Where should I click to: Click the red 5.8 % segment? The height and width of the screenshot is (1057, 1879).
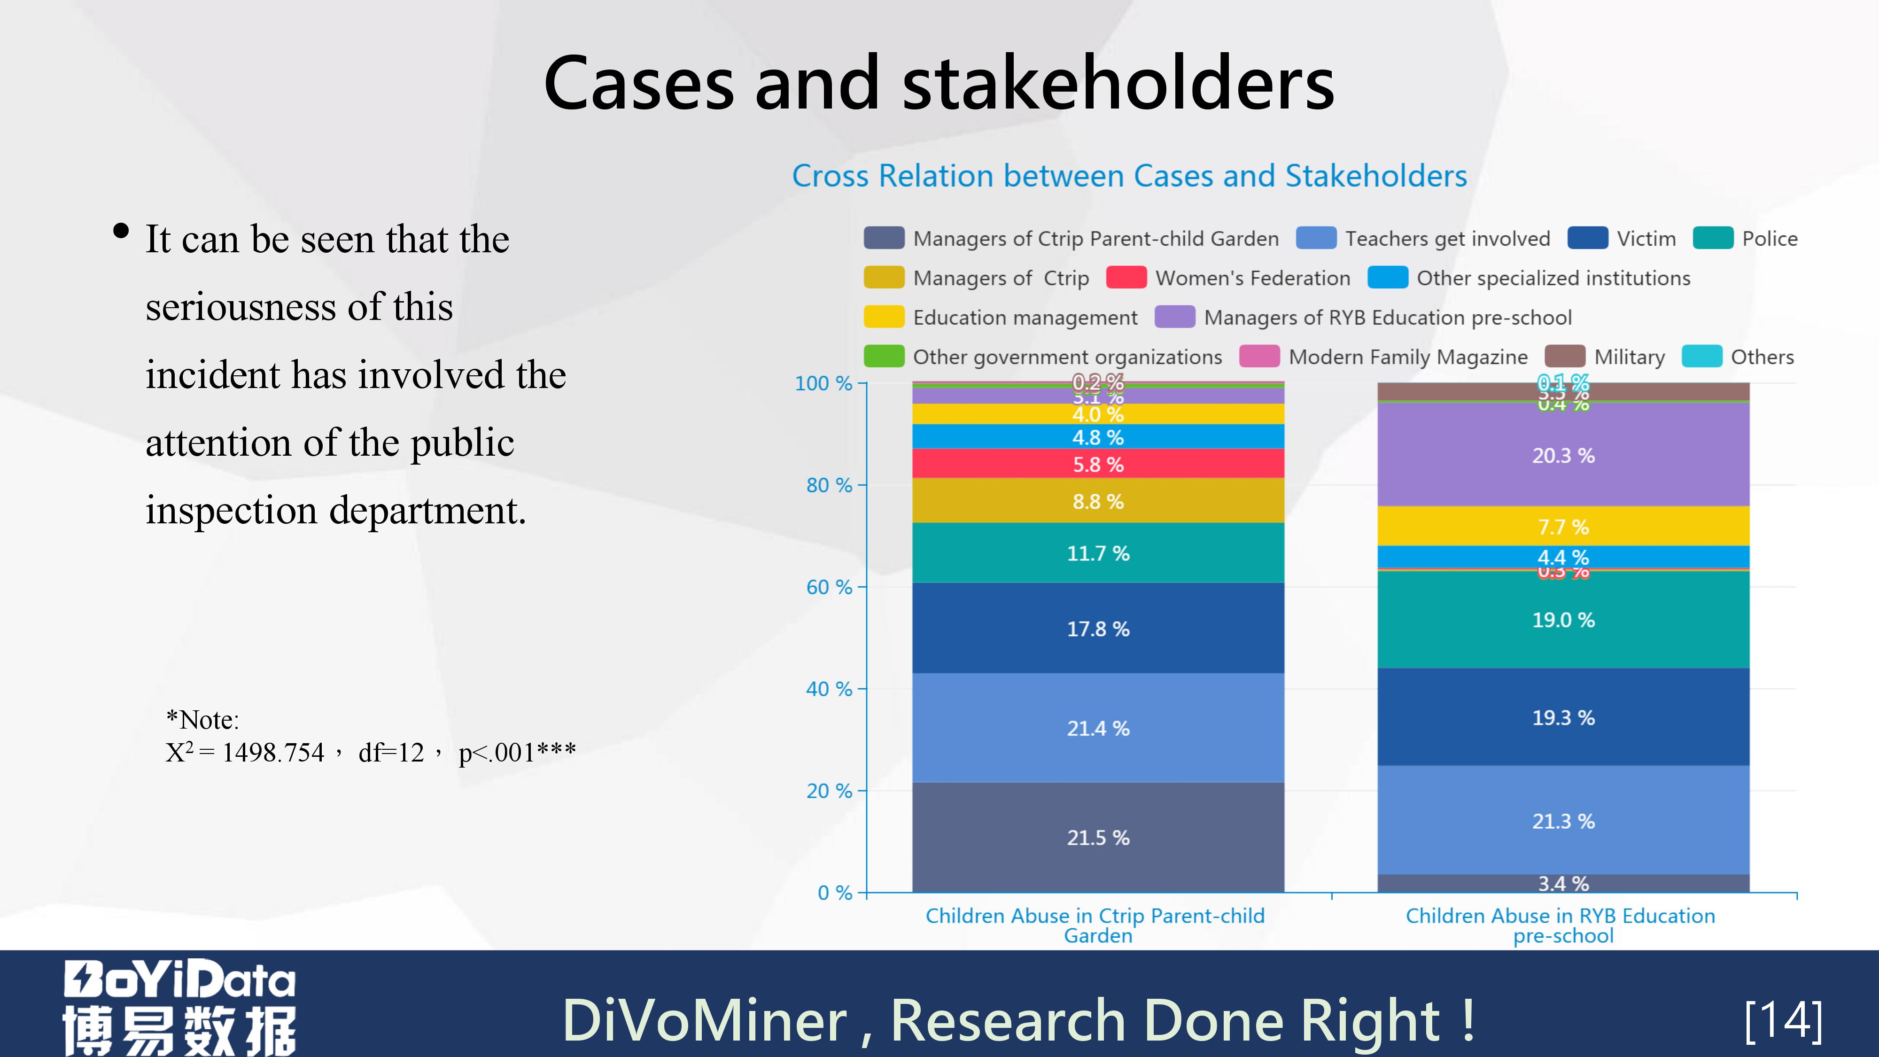[1098, 464]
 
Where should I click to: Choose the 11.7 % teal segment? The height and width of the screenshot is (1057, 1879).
[1098, 553]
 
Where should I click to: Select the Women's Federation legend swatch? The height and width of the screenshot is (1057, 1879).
[1126, 278]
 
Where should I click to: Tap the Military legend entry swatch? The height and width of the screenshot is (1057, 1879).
[1565, 357]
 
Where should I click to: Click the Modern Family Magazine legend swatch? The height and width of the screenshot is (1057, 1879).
[1259, 357]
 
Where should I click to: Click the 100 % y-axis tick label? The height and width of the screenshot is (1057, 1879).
[823, 384]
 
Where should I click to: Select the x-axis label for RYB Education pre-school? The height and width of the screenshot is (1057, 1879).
[1561, 925]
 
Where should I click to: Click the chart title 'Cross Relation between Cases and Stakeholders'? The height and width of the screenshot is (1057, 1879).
[1129, 177]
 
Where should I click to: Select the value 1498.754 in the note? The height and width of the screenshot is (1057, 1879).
[273, 753]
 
